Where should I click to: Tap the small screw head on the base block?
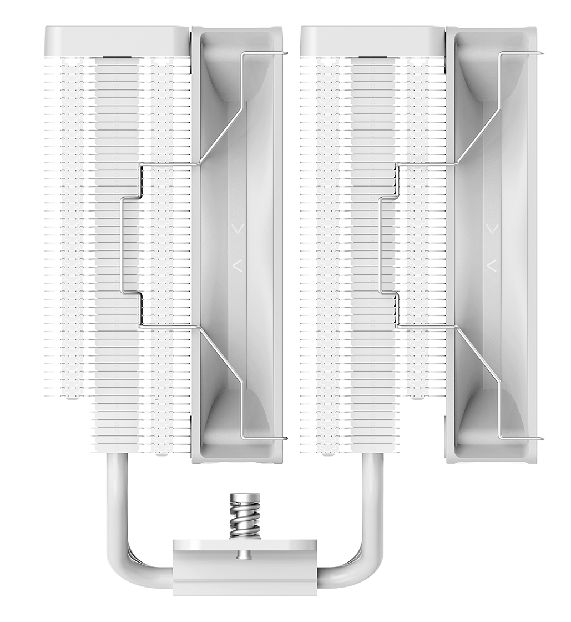pos(242,554)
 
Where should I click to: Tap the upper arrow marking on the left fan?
pos(238,228)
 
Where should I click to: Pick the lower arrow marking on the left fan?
pos(238,265)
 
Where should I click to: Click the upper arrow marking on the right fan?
pos(492,228)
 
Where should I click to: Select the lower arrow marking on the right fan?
pos(492,265)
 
